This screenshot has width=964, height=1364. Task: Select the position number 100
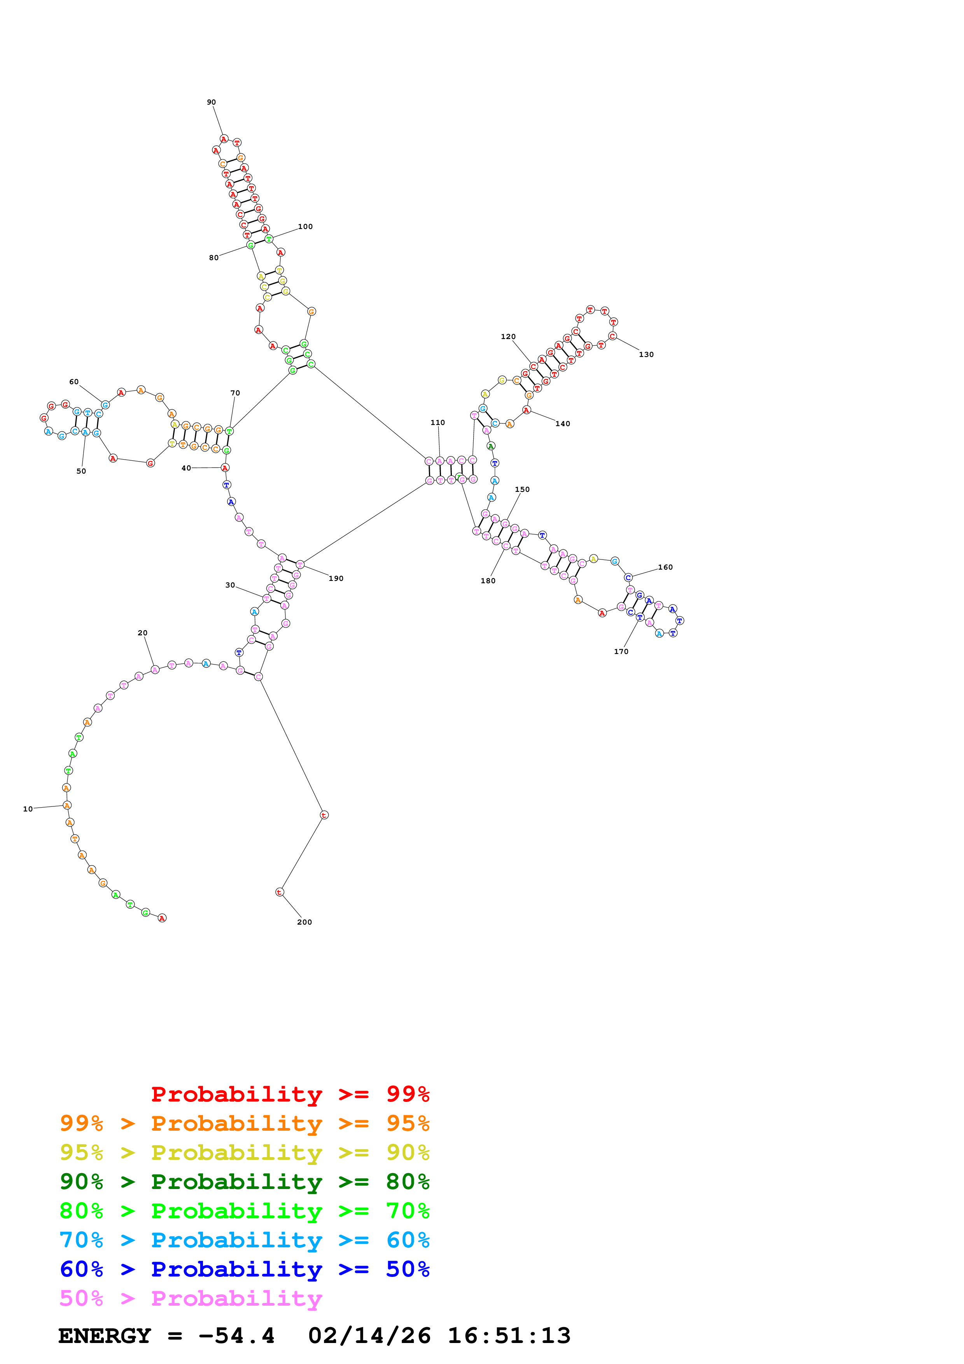click(x=305, y=226)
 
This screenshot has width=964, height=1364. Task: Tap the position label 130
click(x=646, y=355)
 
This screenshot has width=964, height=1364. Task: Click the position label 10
click(x=28, y=809)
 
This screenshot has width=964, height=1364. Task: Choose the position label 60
click(x=73, y=382)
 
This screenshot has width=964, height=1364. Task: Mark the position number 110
click(x=438, y=422)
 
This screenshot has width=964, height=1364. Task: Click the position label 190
click(x=336, y=579)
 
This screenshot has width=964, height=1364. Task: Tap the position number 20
click(x=143, y=633)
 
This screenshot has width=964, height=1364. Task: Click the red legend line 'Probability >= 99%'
click(x=290, y=1094)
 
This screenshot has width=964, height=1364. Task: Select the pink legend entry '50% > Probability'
click(x=191, y=1299)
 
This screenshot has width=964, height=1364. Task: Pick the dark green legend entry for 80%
click(x=244, y=1182)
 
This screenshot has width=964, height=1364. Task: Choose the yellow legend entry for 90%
click(x=244, y=1152)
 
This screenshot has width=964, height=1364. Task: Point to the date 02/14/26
click(x=369, y=1336)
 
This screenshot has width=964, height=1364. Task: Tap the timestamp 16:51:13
click(x=509, y=1336)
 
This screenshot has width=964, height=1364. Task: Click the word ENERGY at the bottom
click(x=105, y=1336)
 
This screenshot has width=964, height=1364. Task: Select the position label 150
click(x=522, y=490)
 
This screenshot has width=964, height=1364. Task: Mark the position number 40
click(x=186, y=468)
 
